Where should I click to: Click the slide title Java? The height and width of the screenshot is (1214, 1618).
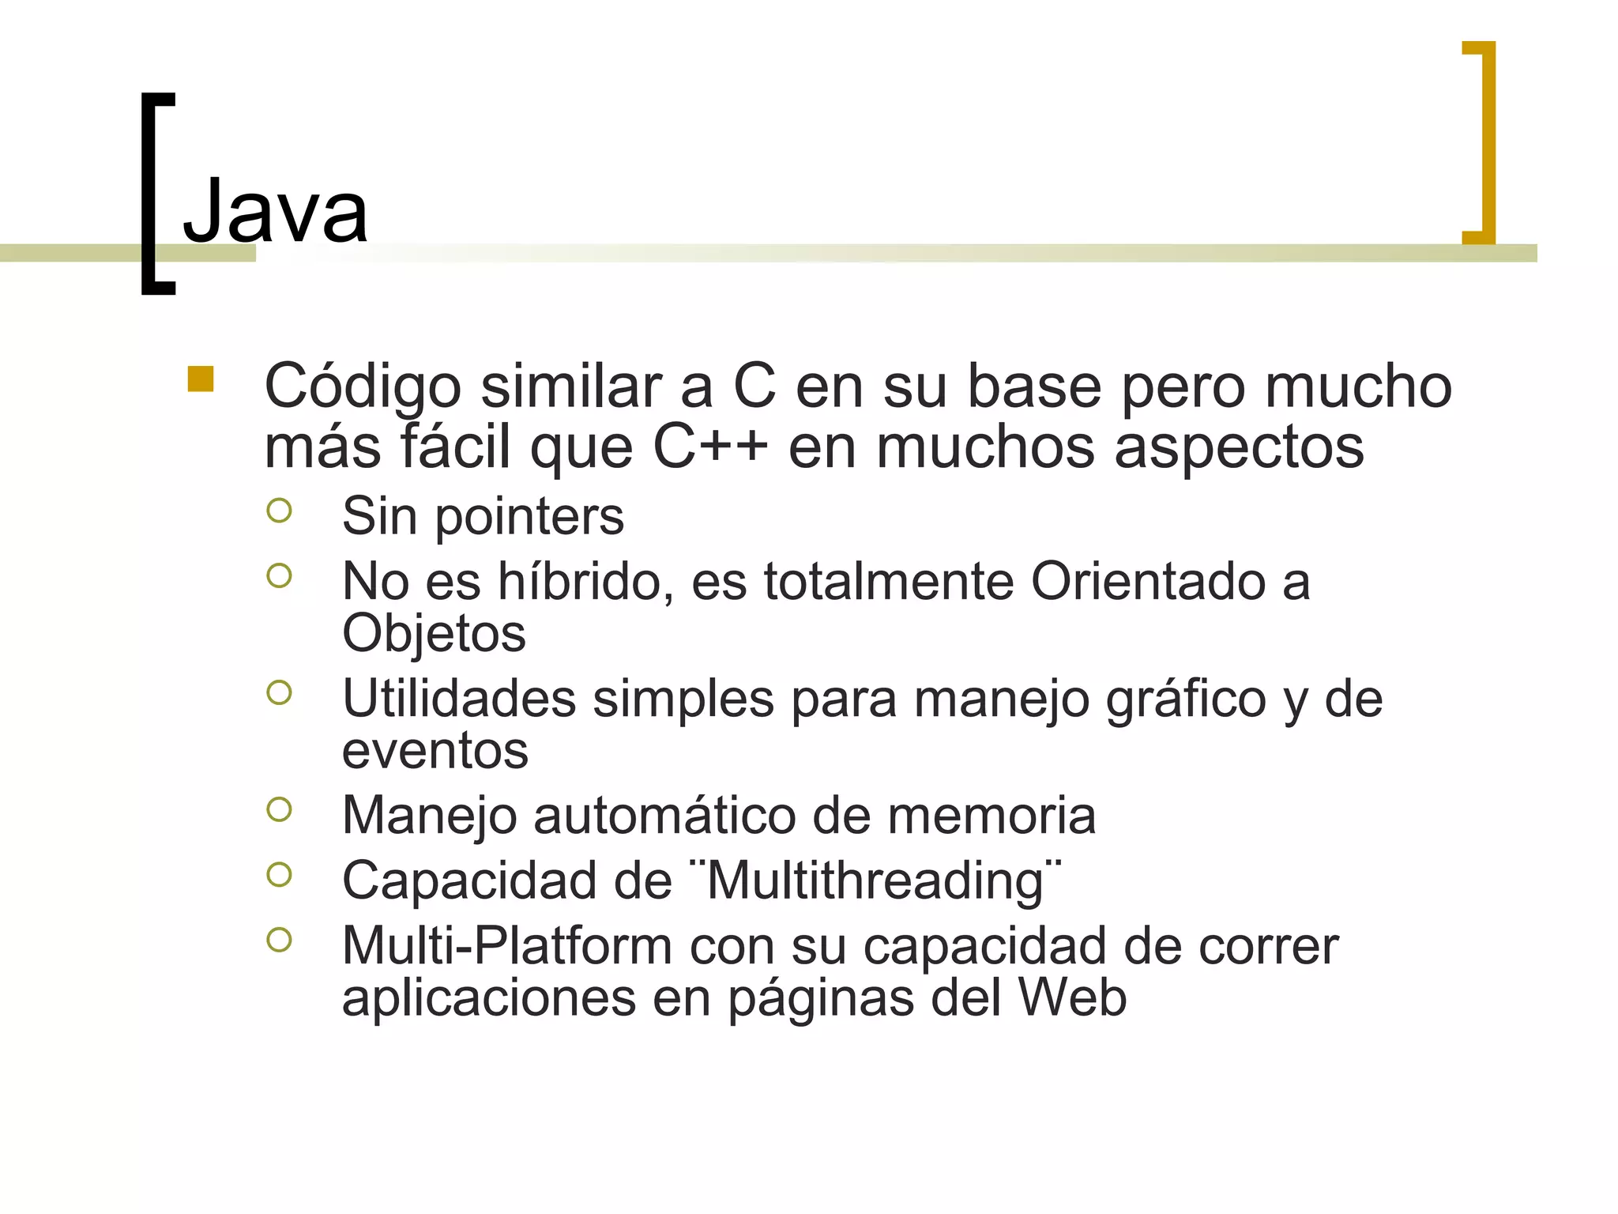point(275,211)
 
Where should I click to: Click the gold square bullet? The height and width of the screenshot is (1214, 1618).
point(201,379)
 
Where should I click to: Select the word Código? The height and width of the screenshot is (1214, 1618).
point(362,387)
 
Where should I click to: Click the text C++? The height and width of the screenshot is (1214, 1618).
point(709,447)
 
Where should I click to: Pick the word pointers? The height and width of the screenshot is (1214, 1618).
point(529,516)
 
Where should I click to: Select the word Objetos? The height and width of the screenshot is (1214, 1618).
point(434,633)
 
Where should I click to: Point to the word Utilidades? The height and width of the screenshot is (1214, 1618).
point(459,699)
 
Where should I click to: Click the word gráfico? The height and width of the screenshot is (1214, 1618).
point(1186,700)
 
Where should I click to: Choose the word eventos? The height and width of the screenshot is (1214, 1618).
point(435,750)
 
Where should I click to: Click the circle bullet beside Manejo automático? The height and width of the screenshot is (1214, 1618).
point(279,809)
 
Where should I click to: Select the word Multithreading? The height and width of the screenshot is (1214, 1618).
point(875,880)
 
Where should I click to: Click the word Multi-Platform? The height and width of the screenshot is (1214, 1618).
point(506,945)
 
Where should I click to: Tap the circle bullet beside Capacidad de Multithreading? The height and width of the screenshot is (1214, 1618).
point(279,874)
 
